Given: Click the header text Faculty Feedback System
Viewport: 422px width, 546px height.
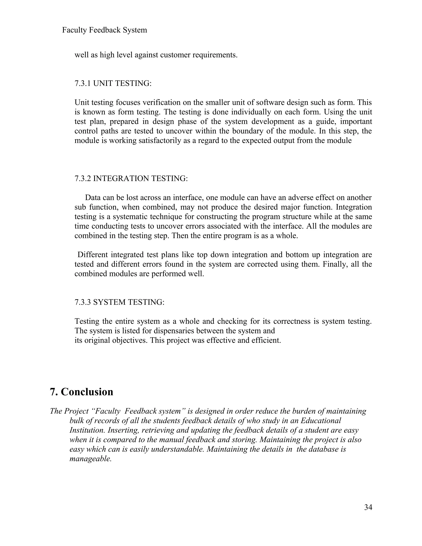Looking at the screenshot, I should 104,30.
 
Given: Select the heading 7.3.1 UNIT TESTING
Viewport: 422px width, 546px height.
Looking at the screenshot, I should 113,83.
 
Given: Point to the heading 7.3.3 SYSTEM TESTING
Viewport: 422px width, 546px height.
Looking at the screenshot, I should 120,302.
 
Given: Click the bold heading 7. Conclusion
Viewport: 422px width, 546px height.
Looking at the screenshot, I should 82,392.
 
